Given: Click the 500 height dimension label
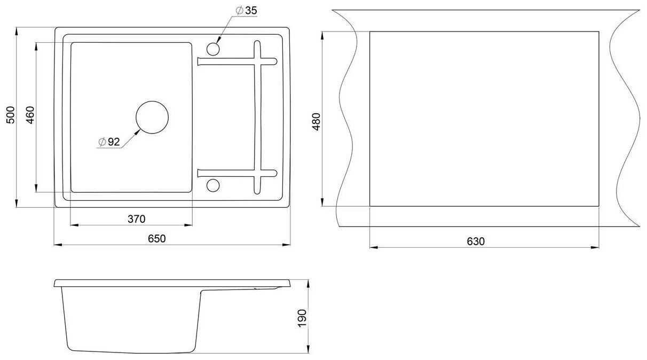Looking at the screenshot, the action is pos(11,115).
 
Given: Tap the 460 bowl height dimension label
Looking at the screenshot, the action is pos(30,115).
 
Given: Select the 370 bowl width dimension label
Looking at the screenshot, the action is pos(137,219).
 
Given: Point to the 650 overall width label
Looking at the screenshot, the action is pos(157,239).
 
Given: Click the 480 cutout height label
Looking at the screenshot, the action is pos(317,122).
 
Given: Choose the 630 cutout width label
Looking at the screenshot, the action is pos(476,241).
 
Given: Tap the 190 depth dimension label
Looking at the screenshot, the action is pos(302,318).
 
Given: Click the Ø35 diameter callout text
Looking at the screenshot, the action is pos(247,11).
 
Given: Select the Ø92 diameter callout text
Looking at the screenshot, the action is pos(109,142).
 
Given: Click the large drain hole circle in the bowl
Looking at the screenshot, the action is pos(152,101).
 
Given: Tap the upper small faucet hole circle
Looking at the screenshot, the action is pos(213,43).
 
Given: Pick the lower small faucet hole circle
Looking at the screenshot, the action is pos(213,179).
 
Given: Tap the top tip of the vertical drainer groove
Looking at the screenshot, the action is pos(257,41).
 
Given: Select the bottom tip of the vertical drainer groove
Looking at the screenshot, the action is pos(257,193).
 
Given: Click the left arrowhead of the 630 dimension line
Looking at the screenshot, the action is pos(374,247).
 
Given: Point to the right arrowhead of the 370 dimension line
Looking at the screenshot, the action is pos(188,225).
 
